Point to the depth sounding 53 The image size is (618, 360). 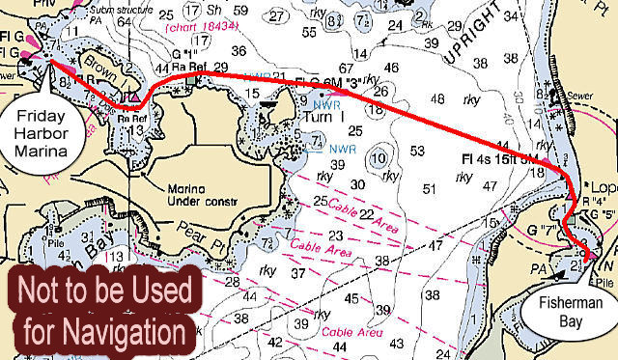coord(417,151)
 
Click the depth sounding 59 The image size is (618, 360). coord(240,11)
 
